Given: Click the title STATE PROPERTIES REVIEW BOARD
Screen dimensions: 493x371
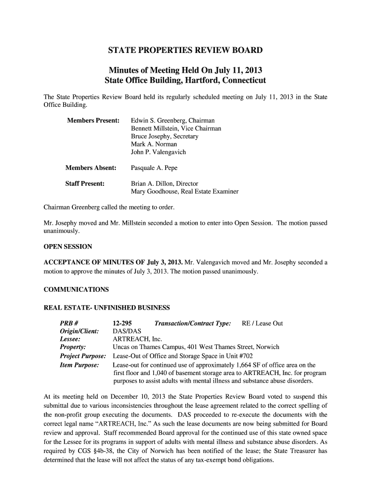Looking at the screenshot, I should coord(185,51).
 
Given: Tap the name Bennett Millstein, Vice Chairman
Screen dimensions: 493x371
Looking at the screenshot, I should coord(176,129).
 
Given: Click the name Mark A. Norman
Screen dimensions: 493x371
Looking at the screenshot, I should coord(154,144).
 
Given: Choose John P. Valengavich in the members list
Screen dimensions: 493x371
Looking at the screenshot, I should coord(158,152).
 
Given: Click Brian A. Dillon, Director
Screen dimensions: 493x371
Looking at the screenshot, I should coord(164,183).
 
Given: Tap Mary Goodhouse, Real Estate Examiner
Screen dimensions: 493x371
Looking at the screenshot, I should coord(185,192).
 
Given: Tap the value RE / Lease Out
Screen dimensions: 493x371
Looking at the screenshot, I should coord(262,324).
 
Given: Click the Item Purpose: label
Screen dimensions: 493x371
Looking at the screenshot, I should coord(79,365).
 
